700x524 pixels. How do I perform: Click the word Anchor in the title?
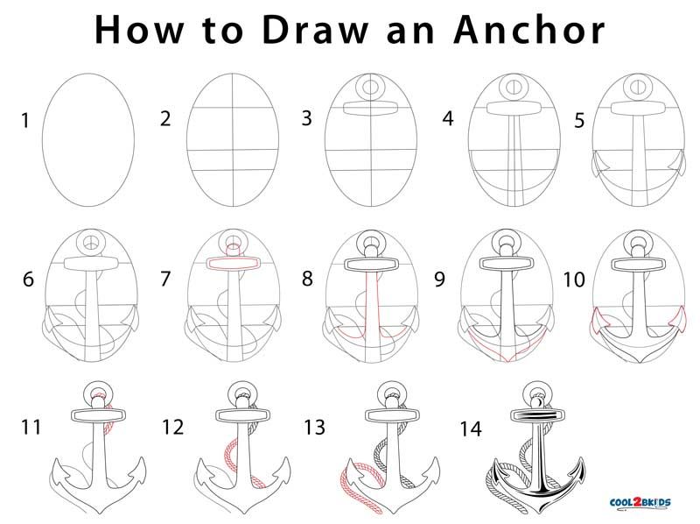click(x=529, y=30)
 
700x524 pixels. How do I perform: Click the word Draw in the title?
click(x=316, y=30)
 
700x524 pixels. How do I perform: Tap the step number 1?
click(x=25, y=120)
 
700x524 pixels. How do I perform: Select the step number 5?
click(x=579, y=120)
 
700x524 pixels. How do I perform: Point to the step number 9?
click(x=440, y=280)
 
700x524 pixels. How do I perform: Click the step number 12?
click(x=172, y=427)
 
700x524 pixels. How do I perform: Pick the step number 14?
click(x=471, y=428)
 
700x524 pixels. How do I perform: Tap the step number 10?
click(x=574, y=280)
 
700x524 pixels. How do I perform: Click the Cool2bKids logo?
click(x=640, y=502)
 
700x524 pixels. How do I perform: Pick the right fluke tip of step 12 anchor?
click(x=286, y=457)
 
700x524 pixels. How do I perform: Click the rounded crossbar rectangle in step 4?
click(x=514, y=108)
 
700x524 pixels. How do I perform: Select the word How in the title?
click(x=139, y=30)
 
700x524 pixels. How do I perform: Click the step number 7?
click(x=165, y=279)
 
